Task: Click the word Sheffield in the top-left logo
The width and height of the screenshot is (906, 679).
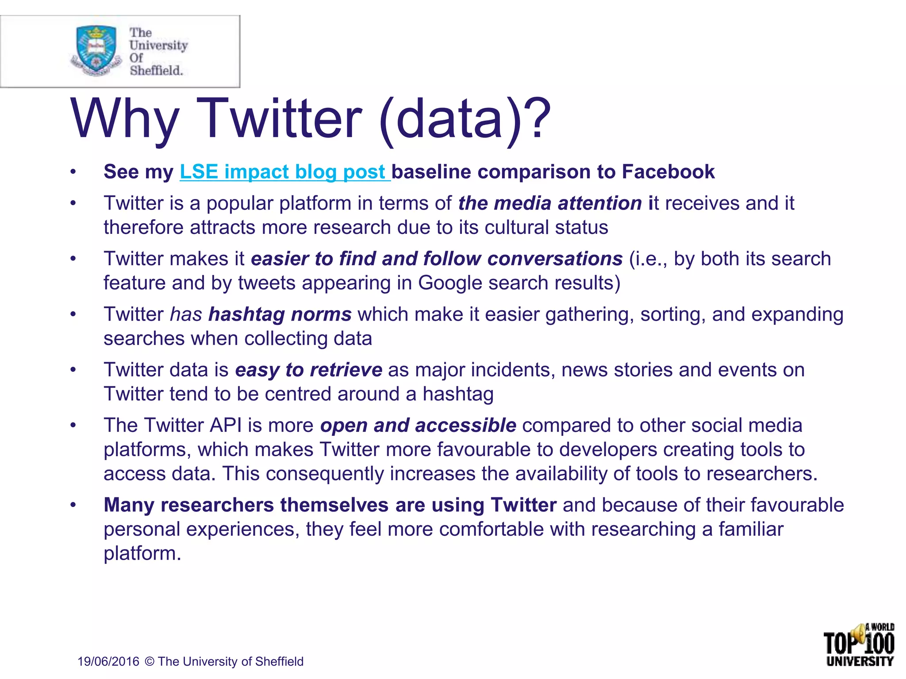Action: pos(156,70)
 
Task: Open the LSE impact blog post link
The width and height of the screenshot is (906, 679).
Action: pos(284,172)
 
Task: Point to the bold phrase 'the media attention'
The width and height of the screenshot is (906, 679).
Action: pos(550,204)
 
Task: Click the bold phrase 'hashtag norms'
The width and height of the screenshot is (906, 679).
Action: pos(280,315)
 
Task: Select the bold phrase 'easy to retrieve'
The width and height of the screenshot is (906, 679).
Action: pos(308,370)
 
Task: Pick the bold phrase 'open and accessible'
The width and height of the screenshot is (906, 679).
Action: pos(418,426)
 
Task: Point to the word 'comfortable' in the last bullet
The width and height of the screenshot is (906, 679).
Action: pos(491,530)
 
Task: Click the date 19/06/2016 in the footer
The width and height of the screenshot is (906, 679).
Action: pos(108,662)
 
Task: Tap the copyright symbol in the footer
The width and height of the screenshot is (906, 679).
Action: pos(150,662)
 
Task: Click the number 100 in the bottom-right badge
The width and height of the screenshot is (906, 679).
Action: pos(879,644)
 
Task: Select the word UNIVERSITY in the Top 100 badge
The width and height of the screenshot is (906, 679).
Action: pos(860,662)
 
